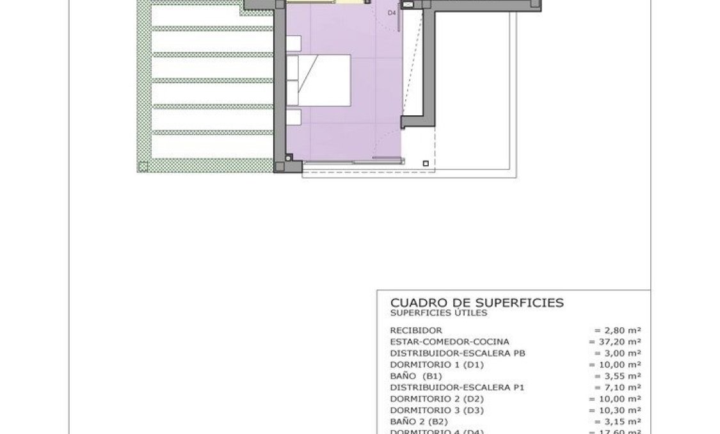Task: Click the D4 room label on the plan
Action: (x=392, y=13)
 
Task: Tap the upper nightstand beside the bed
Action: (x=293, y=44)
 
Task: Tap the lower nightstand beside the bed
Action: (x=293, y=118)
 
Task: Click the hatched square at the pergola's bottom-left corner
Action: (x=143, y=167)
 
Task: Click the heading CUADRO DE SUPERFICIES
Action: (x=477, y=302)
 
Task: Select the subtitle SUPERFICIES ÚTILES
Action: (x=438, y=313)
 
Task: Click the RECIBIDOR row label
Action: (x=416, y=330)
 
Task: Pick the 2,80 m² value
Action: (x=618, y=330)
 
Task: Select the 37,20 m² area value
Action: (x=615, y=342)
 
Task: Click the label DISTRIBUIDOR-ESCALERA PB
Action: (x=458, y=353)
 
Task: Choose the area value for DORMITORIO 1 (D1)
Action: (x=615, y=365)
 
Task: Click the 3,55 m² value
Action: (x=618, y=376)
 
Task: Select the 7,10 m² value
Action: (x=618, y=387)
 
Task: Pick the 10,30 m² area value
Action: (x=615, y=410)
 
